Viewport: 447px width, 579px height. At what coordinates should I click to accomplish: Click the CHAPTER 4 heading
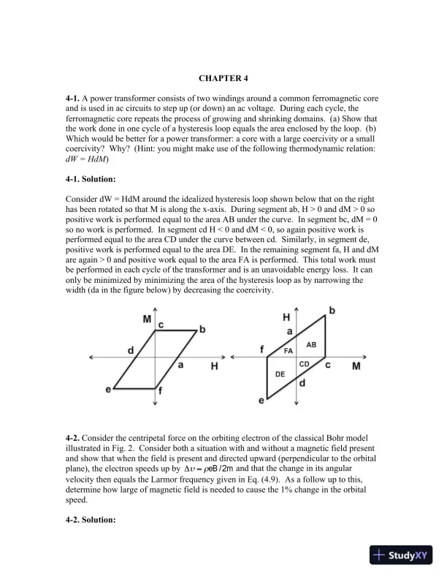[223, 76]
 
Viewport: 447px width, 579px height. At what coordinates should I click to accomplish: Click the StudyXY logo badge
[402, 555]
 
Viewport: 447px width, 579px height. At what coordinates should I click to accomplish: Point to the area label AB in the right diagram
[311, 344]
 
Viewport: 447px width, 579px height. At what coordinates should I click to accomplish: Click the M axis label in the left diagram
[148, 319]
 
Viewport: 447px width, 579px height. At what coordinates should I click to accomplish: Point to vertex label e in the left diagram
[108, 390]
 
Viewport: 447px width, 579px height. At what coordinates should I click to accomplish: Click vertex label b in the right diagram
[334, 311]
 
